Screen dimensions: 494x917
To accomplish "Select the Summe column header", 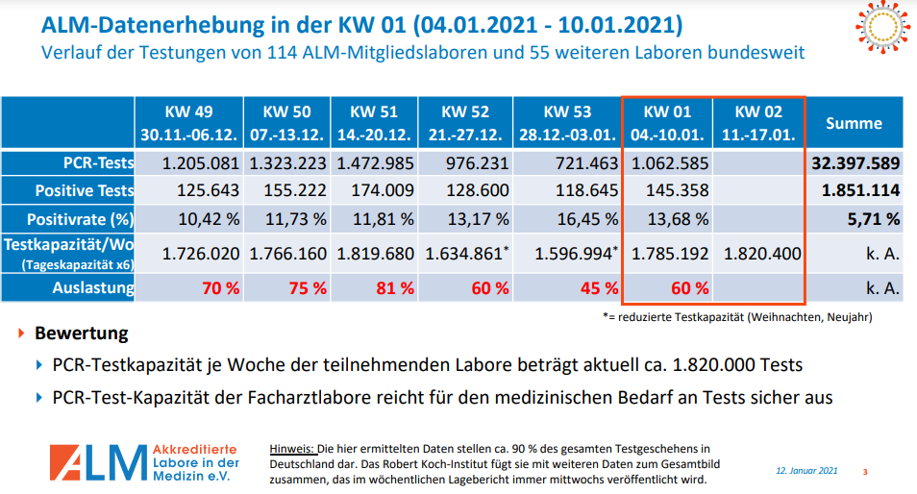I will pyautogui.click(x=854, y=123).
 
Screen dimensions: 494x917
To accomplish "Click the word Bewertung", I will pyautogui.click(x=82, y=334).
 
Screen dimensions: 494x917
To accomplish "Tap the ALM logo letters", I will pyautogui.click(x=96, y=462).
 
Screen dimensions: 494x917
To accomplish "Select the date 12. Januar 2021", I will pyautogui.click(x=807, y=471).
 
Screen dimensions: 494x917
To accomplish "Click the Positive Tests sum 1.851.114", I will pyautogui.click(x=860, y=190).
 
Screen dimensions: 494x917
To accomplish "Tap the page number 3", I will pyautogui.click(x=864, y=471).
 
